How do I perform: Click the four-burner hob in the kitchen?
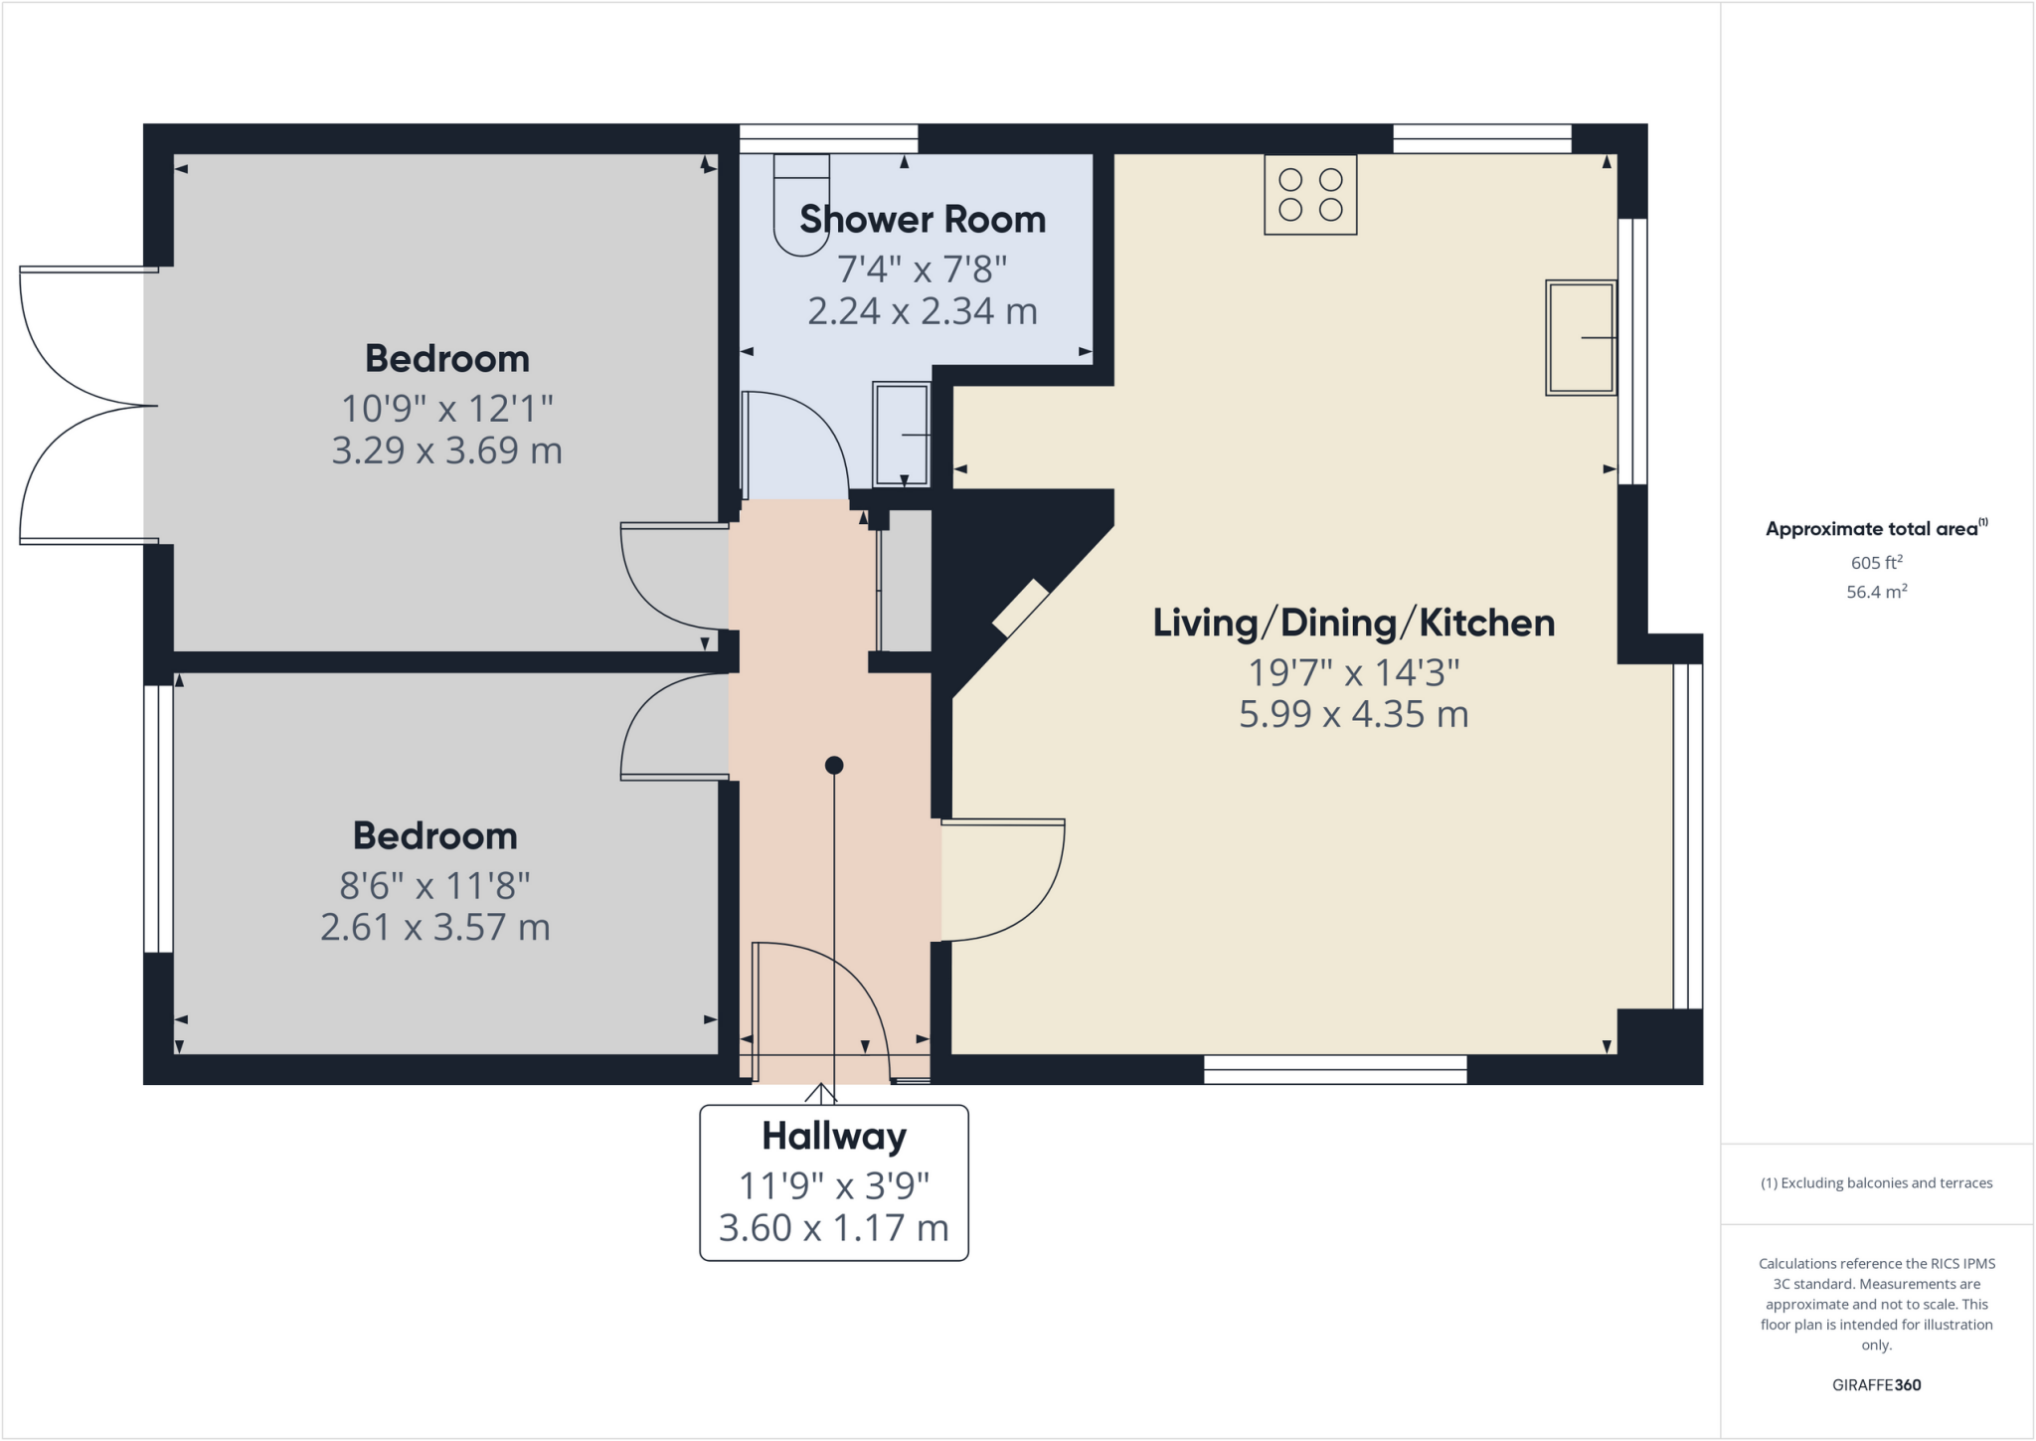point(1310,195)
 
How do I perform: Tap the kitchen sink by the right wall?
point(1580,338)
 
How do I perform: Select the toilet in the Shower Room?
point(801,205)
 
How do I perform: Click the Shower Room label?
point(923,219)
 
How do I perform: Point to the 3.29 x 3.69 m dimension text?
point(446,450)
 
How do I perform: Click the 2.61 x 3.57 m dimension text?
point(434,927)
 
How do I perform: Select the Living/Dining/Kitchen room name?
point(1353,623)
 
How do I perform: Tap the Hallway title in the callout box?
point(834,1136)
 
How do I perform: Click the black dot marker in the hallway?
point(834,765)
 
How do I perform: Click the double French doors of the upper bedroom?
point(85,406)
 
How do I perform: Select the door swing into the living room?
point(1004,880)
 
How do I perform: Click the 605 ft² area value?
point(1876,563)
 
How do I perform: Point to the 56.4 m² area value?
point(1876,592)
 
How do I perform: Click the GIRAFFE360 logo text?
point(1876,1384)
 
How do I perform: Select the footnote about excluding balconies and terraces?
point(1876,1182)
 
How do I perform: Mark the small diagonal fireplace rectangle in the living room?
point(1021,608)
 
